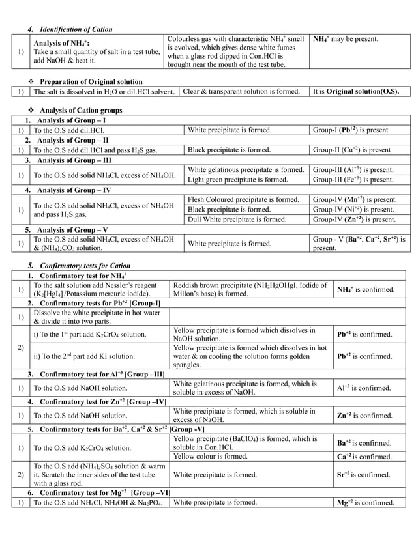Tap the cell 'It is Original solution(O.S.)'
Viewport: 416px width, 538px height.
point(356,91)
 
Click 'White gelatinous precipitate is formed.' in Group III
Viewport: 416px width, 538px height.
point(246,169)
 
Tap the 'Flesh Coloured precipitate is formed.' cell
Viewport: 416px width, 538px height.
point(243,199)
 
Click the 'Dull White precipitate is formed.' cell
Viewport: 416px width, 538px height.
point(237,219)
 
